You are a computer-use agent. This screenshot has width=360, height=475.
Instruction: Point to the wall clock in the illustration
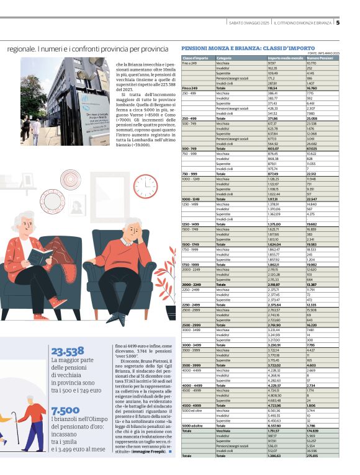(148, 185)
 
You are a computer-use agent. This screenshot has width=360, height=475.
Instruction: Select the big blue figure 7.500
(65, 411)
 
